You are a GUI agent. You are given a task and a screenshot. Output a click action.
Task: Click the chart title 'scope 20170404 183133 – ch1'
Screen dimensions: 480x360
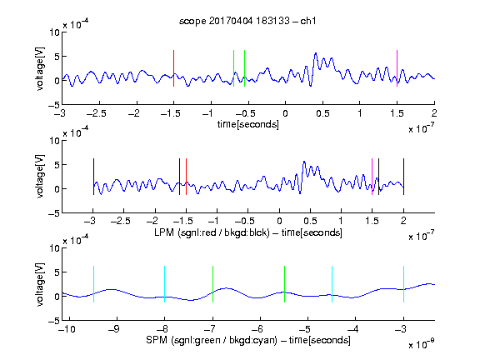(x=247, y=21)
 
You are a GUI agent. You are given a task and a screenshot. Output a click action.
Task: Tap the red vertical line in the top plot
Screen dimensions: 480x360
(x=173, y=68)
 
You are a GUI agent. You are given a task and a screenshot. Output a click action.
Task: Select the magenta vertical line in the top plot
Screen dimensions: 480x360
(x=397, y=68)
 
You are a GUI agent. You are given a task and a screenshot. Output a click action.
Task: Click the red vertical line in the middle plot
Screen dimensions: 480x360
(x=186, y=177)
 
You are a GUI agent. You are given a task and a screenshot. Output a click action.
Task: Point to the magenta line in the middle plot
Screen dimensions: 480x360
(x=372, y=177)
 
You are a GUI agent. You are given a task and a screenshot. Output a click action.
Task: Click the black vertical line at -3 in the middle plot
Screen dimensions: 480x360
(x=93, y=177)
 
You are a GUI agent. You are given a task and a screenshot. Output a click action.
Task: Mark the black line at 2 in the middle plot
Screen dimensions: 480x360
(x=403, y=177)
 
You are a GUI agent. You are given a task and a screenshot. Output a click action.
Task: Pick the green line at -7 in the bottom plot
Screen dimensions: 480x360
(x=212, y=284)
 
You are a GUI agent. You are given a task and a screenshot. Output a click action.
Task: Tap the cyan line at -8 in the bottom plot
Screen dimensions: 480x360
(x=165, y=284)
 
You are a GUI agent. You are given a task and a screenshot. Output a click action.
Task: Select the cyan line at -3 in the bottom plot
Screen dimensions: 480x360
(x=403, y=284)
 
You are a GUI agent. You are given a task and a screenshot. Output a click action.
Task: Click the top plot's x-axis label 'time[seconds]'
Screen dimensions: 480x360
(x=248, y=124)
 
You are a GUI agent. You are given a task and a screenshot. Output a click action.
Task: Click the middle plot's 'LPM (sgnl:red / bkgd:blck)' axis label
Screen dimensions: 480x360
(x=212, y=232)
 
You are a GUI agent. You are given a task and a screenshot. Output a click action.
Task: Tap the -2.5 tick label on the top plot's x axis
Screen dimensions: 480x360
(x=97, y=113)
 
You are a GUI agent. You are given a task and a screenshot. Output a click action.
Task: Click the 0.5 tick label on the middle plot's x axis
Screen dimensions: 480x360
(x=310, y=221)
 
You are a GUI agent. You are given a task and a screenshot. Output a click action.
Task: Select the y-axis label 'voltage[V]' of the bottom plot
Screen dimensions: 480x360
(x=40, y=284)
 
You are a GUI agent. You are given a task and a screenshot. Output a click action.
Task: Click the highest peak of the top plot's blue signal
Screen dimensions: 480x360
(x=316, y=53)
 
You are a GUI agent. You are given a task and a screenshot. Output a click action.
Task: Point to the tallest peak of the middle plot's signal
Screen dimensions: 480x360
(x=304, y=162)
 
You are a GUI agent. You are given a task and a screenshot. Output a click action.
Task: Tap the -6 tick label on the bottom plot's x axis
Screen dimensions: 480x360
(x=260, y=329)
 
